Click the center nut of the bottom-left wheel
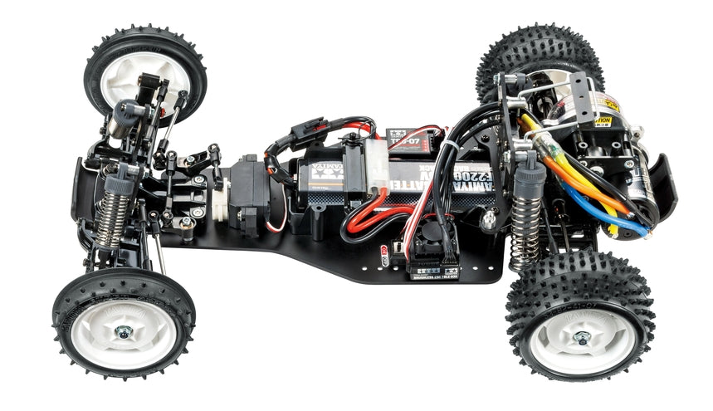(x=124, y=332)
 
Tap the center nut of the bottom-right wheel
(x=583, y=339)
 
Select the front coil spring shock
(x=114, y=213)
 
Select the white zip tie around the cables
(x=448, y=149)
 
